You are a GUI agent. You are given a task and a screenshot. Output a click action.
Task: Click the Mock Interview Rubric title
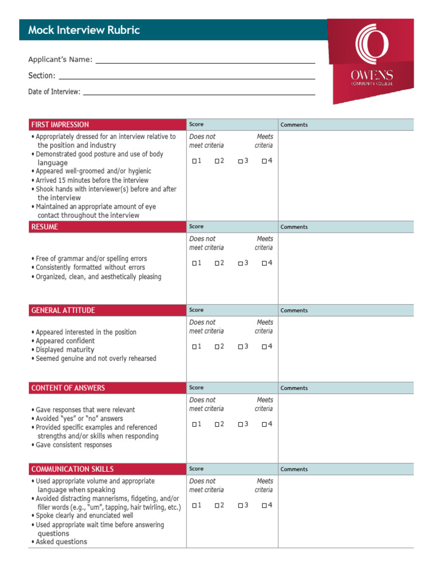click(84, 30)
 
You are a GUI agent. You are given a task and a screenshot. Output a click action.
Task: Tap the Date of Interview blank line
click(198, 92)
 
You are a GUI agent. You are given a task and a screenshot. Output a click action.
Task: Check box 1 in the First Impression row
click(194, 161)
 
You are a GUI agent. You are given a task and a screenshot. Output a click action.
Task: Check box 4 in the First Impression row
click(264, 161)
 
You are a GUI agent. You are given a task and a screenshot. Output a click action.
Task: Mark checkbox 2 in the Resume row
click(217, 264)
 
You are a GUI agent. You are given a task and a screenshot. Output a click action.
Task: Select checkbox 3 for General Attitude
click(240, 347)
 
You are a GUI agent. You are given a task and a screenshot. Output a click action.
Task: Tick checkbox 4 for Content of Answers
click(264, 424)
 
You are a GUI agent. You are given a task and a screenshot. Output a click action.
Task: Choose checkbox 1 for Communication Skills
click(194, 506)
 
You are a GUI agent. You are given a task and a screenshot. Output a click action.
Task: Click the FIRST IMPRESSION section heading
click(60, 125)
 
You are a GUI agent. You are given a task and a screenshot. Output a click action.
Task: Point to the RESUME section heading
click(45, 227)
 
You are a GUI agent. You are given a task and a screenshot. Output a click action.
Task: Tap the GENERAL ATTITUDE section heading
click(63, 310)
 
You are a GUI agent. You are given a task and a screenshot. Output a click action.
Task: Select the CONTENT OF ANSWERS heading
click(68, 388)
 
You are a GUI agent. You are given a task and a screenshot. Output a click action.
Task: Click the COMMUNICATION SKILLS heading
click(73, 469)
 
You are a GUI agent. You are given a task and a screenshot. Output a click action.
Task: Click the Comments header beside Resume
click(294, 227)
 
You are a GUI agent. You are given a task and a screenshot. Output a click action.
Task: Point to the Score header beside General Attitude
click(197, 310)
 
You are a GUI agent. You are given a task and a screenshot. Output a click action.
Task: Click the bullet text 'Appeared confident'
click(65, 341)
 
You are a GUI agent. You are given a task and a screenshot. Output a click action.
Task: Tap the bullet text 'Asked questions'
click(61, 542)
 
